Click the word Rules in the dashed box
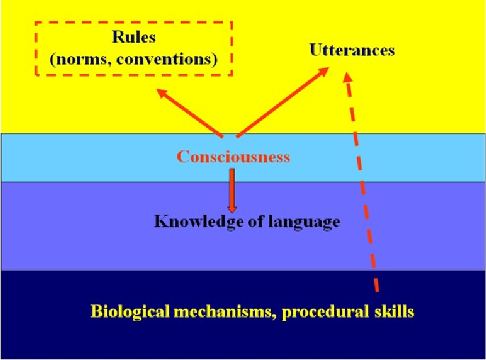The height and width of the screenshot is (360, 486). coord(134,37)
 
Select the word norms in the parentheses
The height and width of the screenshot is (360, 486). coord(81,59)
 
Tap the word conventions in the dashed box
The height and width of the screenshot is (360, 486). coord(163,59)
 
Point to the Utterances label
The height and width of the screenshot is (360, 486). coord(352,50)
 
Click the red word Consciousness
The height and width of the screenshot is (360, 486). coord(233,157)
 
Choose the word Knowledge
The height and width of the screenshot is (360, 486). coord(199,222)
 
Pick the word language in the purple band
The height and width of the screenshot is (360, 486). coord(304,222)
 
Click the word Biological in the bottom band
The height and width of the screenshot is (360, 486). coord(130,311)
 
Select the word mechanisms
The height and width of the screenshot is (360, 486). coord(225,311)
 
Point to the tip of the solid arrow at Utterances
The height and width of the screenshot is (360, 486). coord(329,67)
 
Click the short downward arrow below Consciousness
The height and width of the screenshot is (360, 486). coord(232,190)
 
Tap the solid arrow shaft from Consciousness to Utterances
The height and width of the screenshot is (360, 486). coord(282,102)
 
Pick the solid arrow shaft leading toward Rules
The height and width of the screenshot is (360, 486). coord(190,113)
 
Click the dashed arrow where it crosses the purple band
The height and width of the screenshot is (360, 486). coord(368,226)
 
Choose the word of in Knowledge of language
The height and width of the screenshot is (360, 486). coord(255,221)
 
